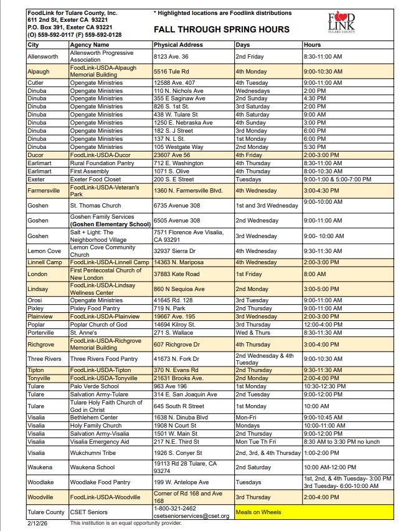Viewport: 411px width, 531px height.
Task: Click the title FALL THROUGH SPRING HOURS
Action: pyautogui.click(x=221, y=29)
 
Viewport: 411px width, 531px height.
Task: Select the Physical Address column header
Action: pyautogui.click(x=178, y=45)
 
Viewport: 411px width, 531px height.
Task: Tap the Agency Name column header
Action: pyautogui.click(x=90, y=45)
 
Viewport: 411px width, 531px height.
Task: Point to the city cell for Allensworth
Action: pyautogui.click(x=43, y=57)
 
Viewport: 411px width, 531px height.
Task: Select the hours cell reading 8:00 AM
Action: pyautogui.click(x=314, y=274)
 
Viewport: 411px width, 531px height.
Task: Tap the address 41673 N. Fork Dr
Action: pyautogui.click(x=178, y=359)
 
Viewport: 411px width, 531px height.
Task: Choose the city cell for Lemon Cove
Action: pyautogui.click(x=44, y=251)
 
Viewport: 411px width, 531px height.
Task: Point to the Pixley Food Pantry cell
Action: pyautogui.click(x=95, y=308)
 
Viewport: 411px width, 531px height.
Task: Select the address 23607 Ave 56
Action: pyautogui.click(x=172, y=155)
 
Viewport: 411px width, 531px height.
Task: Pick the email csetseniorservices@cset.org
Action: pyautogui.click(x=192, y=516)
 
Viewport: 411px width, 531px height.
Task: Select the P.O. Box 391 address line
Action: pyautogui.click(x=70, y=27)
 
